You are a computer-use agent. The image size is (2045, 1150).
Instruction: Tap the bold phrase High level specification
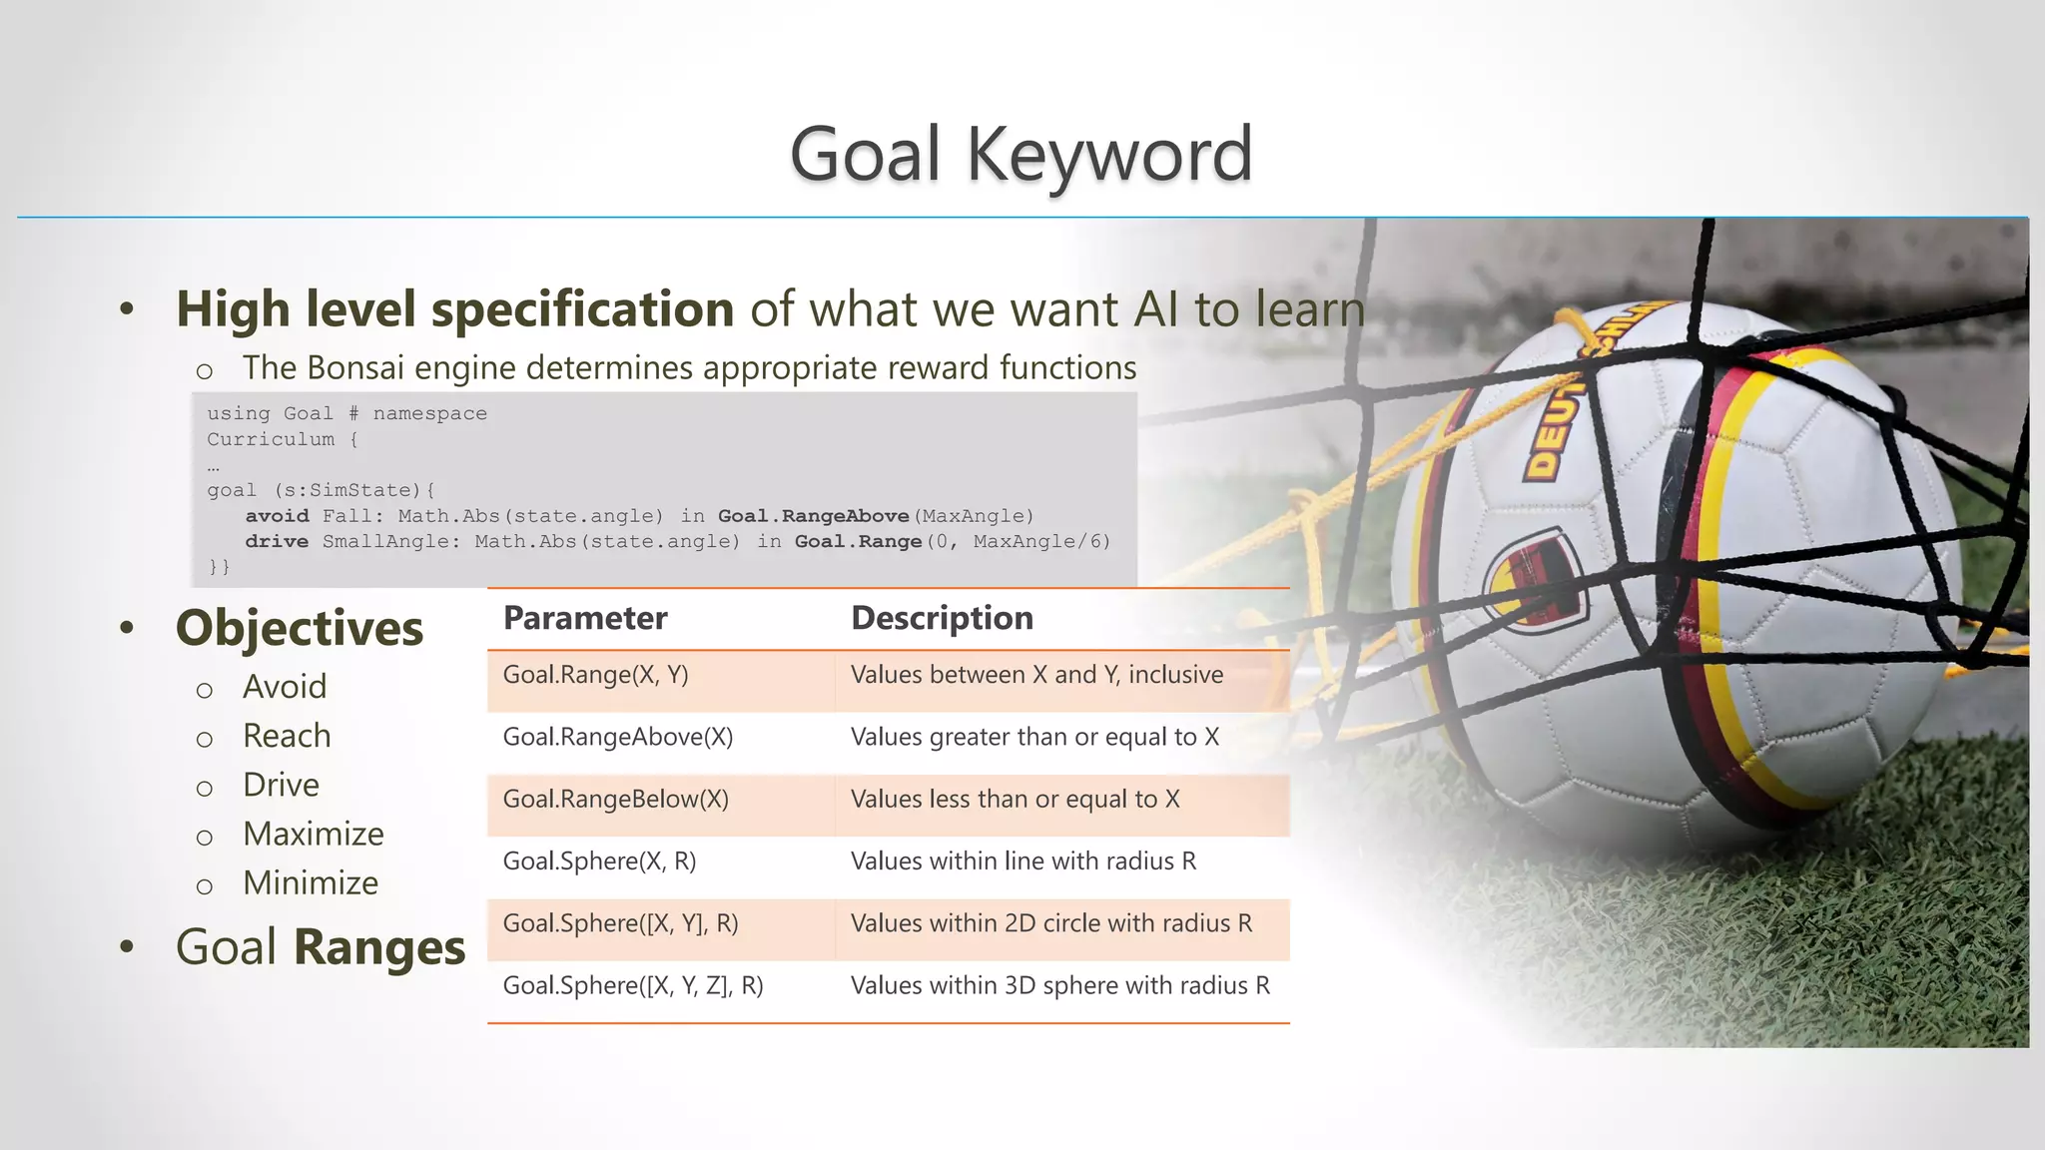[x=455, y=308]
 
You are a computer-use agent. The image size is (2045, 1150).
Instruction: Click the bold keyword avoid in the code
[x=277, y=516]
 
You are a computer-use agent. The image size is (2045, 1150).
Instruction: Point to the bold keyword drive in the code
[x=277, y=542]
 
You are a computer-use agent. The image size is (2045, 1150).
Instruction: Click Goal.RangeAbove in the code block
[x=813, y=516]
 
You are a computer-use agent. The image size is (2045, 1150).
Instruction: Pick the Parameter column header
[x=585, y=618]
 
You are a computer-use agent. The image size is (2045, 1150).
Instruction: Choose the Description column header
[x=942, y=618]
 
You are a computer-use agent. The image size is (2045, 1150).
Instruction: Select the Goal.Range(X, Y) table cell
[x=595, y=676]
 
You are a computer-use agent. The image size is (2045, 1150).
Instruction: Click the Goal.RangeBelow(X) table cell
[x=615, y=800]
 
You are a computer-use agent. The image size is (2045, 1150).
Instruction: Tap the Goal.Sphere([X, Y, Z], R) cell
[x=632, y=986]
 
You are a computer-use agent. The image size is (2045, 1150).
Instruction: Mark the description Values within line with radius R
[x=1022, y=862]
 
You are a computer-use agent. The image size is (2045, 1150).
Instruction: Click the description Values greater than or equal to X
[x=1034, y=738]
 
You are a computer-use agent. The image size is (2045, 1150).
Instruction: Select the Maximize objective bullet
[x=313, y=835]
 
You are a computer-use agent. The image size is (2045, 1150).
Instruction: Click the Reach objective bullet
[x=287, y=737]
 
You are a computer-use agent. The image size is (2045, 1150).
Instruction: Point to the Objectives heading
[x=300, y=629]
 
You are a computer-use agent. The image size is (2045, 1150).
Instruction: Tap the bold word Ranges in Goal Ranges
[x=379, y=948]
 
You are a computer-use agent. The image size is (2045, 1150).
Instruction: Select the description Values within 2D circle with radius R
[x=1050, y=924]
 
